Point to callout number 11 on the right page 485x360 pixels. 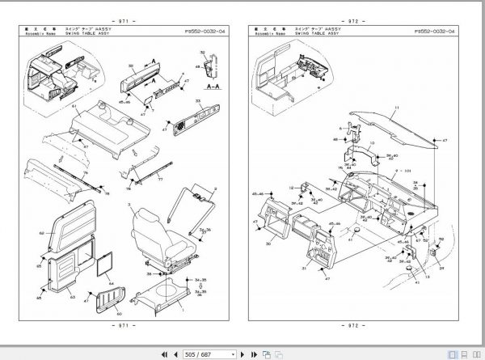point(397,108)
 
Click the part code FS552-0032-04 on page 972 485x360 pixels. point(434,32)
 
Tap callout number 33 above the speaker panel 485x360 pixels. point(196,98)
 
